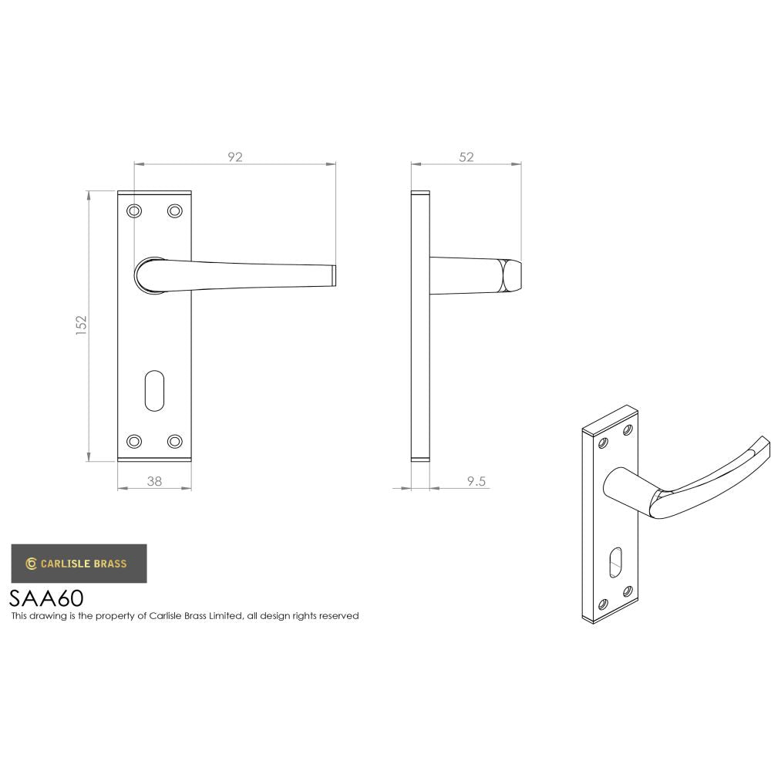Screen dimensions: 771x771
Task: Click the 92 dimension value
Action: (x=235, y=157)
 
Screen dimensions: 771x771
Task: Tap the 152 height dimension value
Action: (x=82, y=325)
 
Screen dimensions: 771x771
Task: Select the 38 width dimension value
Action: (x=154, y=481)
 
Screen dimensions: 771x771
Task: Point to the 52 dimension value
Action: (x=466, y=157)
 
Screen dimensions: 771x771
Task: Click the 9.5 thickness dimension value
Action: (x=476, y=481)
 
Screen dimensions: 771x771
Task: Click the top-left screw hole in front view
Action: (x=135, y=210)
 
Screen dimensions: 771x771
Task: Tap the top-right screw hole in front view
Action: (x=174, y=210)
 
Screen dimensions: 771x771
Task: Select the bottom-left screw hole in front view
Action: (x=135, y=441)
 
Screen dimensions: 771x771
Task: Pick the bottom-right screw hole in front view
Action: (x=174, y=441)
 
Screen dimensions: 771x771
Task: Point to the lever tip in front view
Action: (x=334, y=276)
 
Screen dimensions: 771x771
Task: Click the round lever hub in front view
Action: (x=149, y=275)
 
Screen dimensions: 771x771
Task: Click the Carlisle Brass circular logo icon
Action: (x=31, y=564)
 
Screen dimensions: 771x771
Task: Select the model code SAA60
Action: (x=46, y=598)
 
